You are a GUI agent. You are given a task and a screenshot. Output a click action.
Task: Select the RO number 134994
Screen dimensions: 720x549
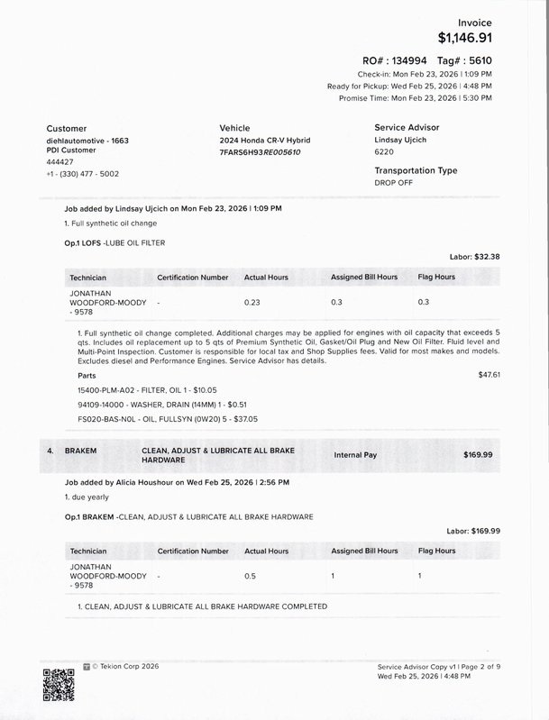[x=408, y=59]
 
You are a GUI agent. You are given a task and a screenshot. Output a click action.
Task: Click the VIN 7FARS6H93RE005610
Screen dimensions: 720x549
[x=260, y=152]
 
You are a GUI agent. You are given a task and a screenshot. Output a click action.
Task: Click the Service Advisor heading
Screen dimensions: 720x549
[x=413, y=128]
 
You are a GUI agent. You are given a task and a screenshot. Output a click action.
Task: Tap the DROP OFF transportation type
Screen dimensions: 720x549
[x=395, y=182]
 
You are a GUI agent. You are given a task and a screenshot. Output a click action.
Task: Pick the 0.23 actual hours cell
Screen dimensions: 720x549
[x=252, y=302]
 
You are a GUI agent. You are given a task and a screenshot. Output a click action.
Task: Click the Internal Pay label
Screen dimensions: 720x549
[x=355, y=455]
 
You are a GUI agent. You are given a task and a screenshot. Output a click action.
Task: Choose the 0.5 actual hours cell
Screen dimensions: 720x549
[x=250, y=574]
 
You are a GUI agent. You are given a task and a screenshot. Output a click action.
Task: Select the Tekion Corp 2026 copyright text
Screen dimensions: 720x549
[x=125, y=666]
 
